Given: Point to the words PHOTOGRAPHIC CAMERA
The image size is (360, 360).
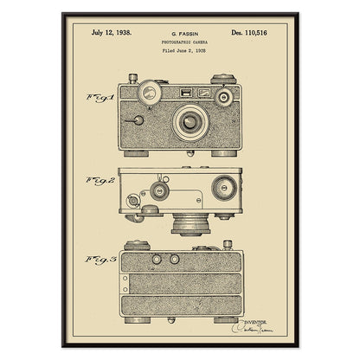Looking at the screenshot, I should [x=180, y=42].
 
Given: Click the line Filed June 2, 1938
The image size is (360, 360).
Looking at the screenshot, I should [x=180, y=51].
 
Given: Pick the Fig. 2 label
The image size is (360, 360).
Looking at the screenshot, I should [x=98, y=181].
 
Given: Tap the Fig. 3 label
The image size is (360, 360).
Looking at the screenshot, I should [x=98, y=259].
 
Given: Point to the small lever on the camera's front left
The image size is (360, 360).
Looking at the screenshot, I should [x=137, y=117].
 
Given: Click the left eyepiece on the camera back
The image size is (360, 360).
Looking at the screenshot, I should [x=157, y=259].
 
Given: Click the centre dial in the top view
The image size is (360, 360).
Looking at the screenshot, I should [x=159, y=190].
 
